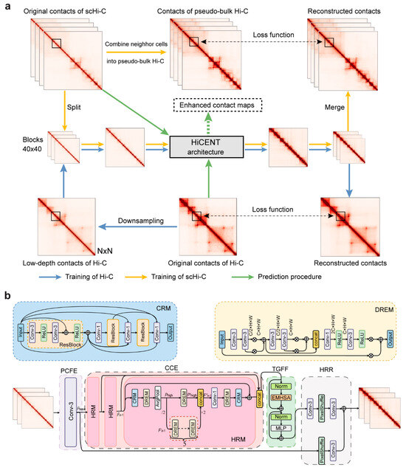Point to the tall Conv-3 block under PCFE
click(72, 407)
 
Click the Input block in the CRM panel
click(23, 322)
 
